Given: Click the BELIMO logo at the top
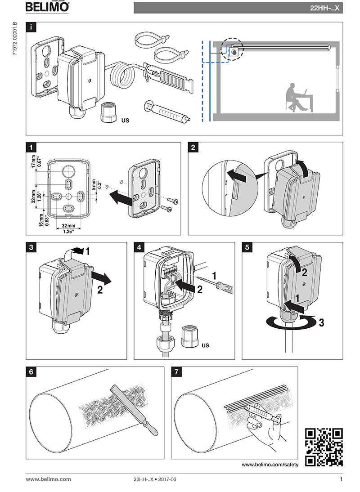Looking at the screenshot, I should click(47, 7).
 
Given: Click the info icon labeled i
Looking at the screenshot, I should click(31, 27).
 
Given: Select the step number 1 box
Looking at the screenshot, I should click(31, 147).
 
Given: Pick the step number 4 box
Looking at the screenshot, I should click(139, 247).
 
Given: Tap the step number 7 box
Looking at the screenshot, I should click(176, 372).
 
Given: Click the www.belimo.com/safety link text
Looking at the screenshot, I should click(270, 465).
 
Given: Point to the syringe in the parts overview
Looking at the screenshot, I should click(166, 111).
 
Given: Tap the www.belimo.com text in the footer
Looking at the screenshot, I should click(48, 479).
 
